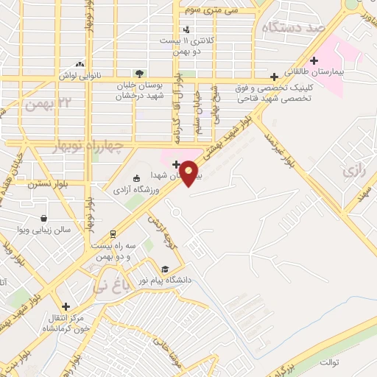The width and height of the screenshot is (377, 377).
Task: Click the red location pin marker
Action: coord(189,173)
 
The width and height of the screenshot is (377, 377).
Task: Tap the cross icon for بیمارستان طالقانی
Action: coord(314,60)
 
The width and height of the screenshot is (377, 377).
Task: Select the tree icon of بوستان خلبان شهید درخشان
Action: coord(139,73)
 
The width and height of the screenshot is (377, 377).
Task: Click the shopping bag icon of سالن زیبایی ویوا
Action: coord(45,218)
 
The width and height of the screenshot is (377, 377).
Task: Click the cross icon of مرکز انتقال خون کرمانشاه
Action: coord(66,306)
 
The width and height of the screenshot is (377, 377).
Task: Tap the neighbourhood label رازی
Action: coord(353,172)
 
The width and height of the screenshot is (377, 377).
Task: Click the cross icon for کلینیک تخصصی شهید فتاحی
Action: coord(275,76)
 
